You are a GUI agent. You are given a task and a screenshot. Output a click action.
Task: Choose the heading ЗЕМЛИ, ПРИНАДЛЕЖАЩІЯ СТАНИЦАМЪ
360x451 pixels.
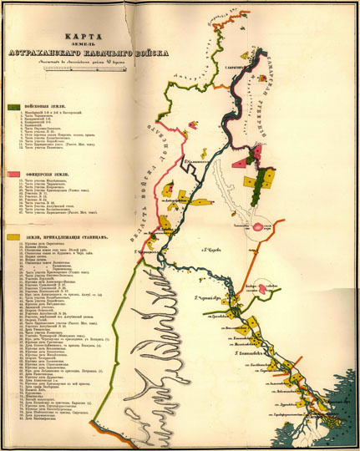tap(67, 237)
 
